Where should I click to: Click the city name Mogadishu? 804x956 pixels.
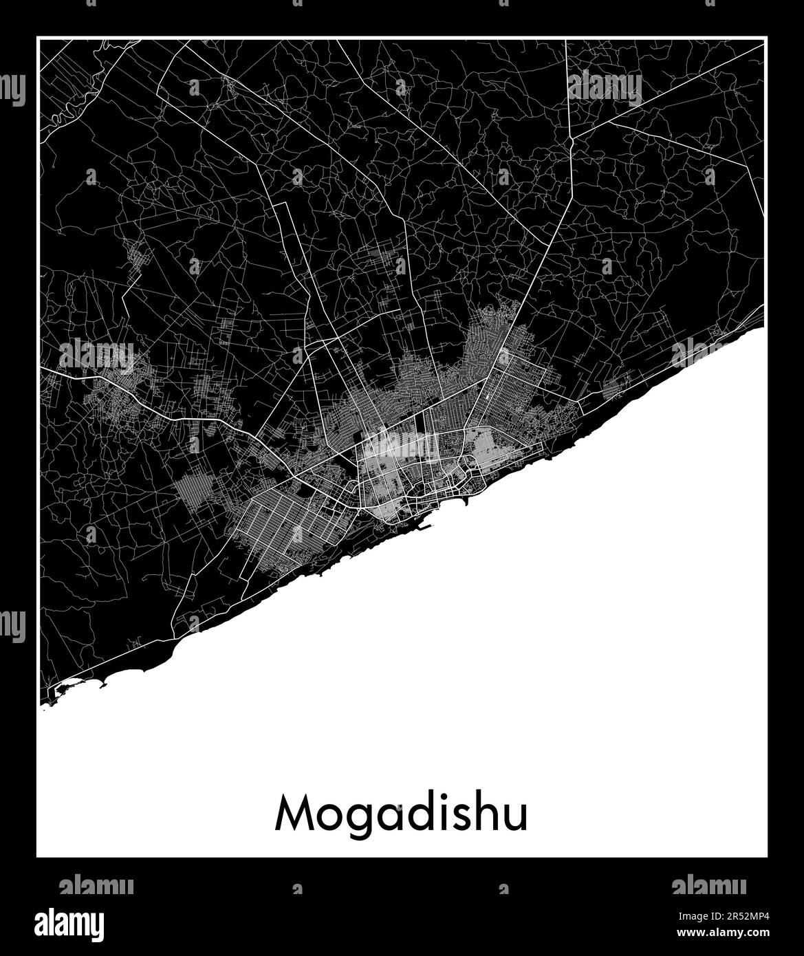[x=402, y=814]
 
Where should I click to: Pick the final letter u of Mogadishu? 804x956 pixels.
[x=516, y=817]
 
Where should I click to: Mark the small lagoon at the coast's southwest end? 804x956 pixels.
[x=69, y=686]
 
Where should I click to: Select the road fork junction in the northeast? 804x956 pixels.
[x=571, y=141]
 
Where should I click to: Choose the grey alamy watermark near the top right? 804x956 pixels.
[x=605, y=87]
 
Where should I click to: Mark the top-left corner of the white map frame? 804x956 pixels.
[x=38, y=39]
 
